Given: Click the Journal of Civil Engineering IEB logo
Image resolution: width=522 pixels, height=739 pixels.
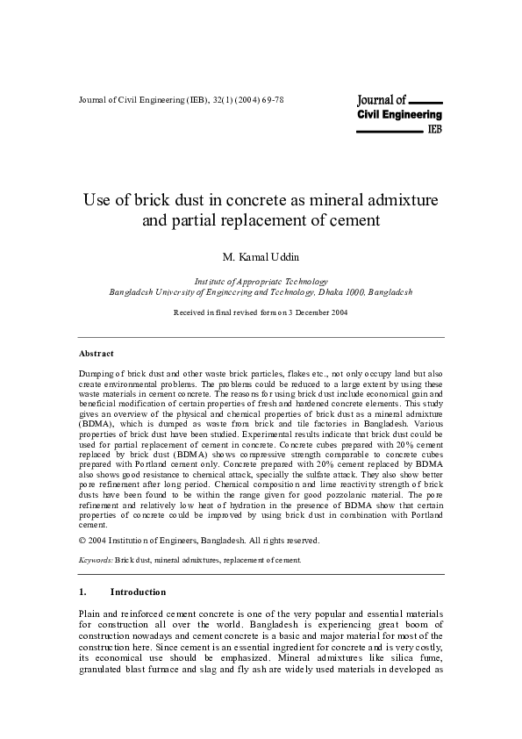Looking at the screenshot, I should [399, 114].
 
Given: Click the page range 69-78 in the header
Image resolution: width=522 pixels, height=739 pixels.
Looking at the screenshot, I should [272, 100].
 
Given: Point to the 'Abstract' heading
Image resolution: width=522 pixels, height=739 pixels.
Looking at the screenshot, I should [97, 353].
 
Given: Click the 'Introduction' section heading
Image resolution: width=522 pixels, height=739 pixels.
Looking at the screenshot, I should [138, 592].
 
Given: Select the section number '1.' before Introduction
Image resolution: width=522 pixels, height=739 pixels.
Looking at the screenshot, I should [83, 592].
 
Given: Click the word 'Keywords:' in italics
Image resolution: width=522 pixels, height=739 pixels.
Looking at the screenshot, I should [96, 558].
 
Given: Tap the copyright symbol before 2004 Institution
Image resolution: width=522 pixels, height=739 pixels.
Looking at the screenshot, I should [82, 541].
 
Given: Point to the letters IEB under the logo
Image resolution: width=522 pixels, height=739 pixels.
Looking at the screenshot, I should [433, 128].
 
